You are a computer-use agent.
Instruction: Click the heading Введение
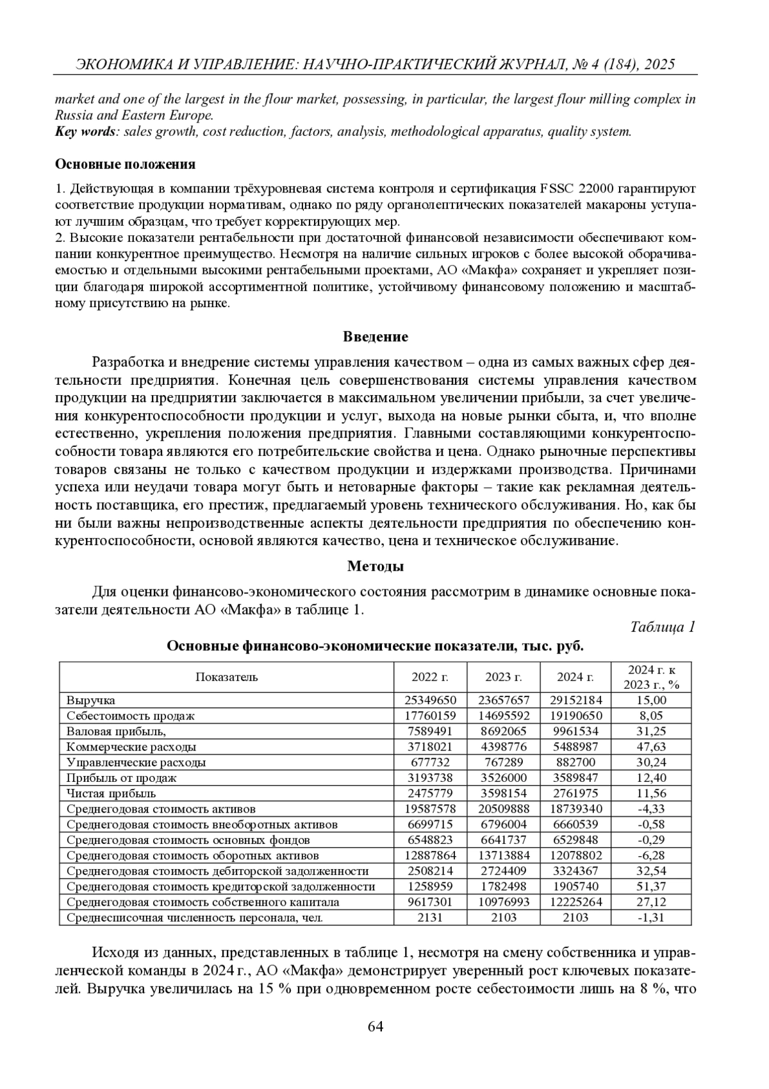coord(376,337)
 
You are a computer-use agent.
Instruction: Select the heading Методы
coord(376,566)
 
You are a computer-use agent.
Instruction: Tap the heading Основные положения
coord(125,164)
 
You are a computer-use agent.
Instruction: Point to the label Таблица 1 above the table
coord(663,627)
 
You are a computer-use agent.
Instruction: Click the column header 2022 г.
coord(430,677)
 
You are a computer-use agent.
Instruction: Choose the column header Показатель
coord(226,677)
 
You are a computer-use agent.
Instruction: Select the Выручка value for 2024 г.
coord(575,700)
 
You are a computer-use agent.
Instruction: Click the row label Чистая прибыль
coord(111,793)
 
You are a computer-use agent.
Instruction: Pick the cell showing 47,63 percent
coord(651,747)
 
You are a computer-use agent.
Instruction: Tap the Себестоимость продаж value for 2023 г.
coord(503,716)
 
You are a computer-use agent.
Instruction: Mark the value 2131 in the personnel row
coord(430,917)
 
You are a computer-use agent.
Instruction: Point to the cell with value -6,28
coord(651,856)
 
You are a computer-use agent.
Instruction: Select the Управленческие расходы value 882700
coord(575,763)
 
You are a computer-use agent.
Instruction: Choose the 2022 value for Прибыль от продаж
coord(430,778)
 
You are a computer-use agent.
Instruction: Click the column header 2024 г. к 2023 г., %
coord(651,677)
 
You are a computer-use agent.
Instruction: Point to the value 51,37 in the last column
coord(651,886)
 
